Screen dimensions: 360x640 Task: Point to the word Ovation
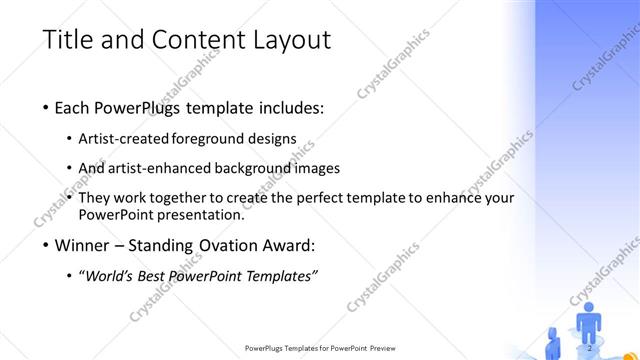[215, 245]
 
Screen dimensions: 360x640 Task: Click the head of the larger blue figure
[589, 308]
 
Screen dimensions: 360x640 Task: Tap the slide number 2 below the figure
[589, 347]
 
